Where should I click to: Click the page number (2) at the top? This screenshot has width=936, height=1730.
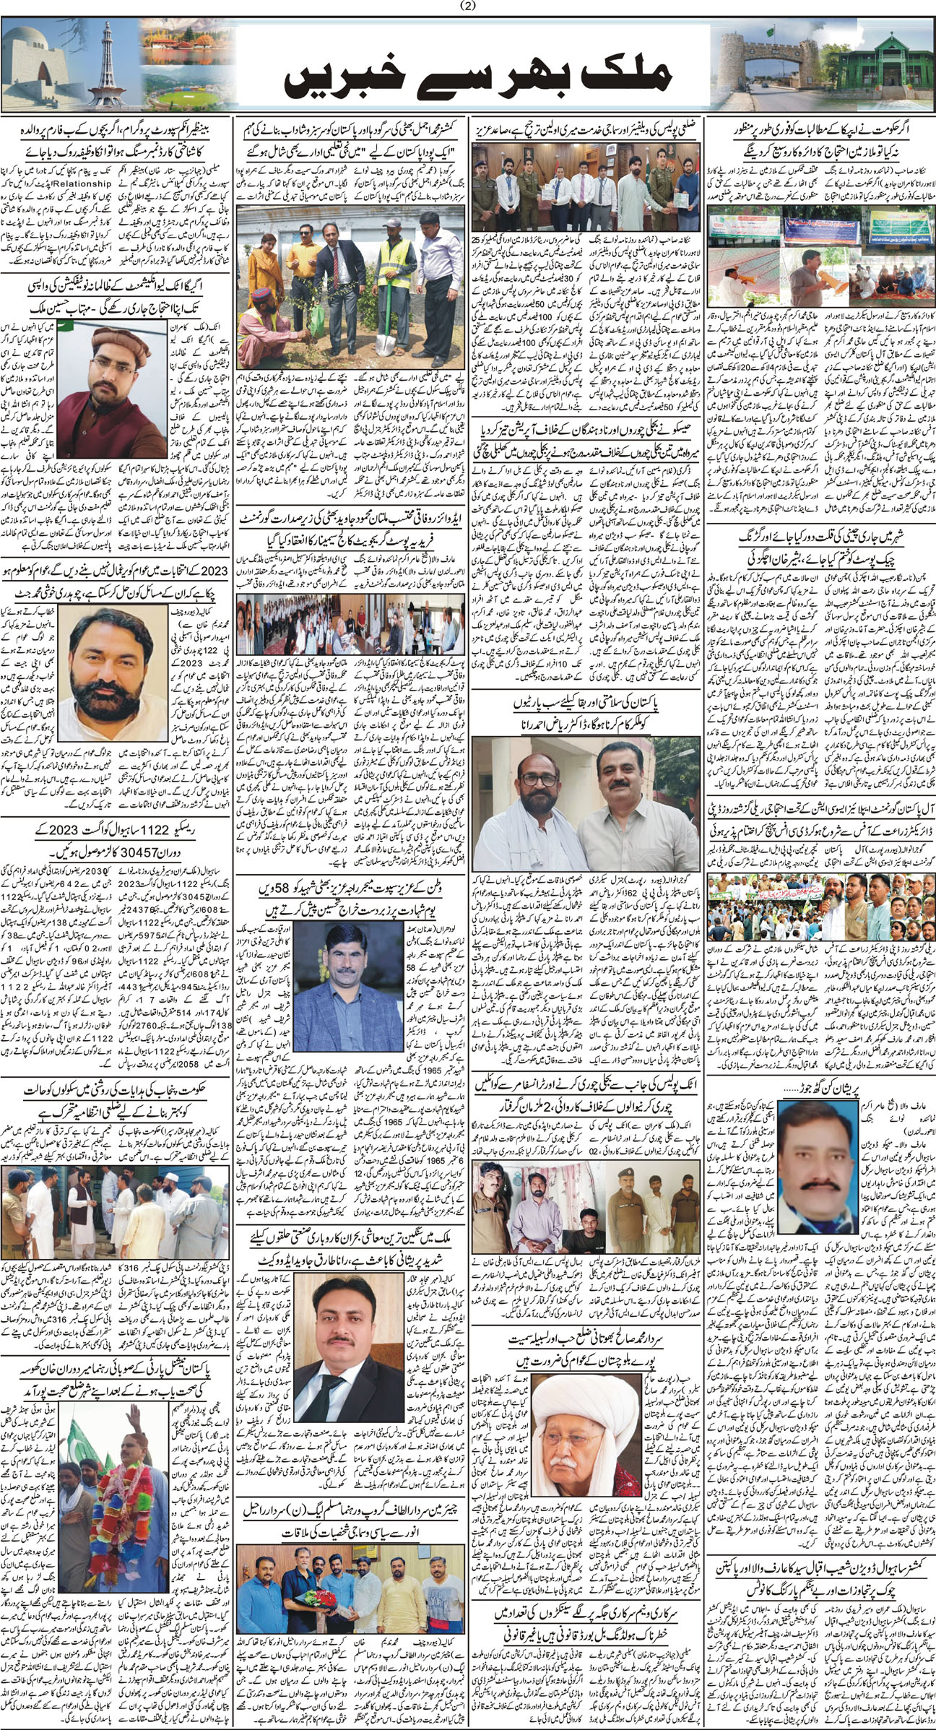[x=468, y=7]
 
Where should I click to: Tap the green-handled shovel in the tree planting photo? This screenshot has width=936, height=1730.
[x=383, y=282]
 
